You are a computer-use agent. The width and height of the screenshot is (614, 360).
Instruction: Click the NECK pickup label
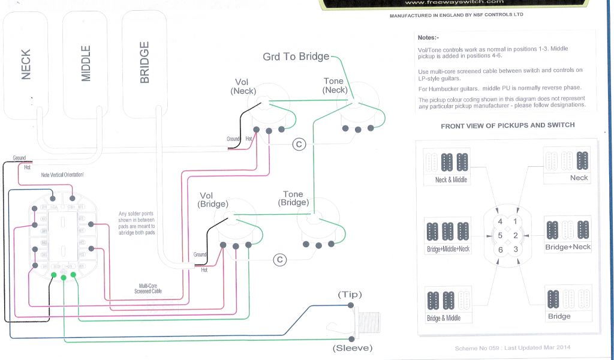[26, 64]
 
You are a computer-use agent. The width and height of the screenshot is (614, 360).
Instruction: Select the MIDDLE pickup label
[86, 63]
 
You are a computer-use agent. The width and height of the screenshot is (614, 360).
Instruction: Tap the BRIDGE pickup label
[145, 62]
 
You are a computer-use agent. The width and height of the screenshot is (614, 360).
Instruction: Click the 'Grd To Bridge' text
[296, 56]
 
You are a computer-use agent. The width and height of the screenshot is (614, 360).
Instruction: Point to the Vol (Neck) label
[243, 86]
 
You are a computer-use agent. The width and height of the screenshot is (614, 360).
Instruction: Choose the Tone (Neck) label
[334, 85]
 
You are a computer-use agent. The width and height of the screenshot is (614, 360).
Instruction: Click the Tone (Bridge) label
[293, 199]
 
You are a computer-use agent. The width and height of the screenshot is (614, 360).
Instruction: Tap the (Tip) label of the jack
[350, 295]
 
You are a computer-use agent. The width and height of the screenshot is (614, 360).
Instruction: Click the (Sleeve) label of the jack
[353, 348]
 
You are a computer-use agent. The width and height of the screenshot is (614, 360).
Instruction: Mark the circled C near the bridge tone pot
[279, 260]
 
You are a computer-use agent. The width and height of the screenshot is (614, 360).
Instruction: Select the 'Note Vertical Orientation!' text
[62, 175]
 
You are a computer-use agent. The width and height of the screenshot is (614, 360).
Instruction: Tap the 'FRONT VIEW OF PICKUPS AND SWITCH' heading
[508, 125]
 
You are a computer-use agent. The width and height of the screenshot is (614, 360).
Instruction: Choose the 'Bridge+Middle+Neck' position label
[448, 248]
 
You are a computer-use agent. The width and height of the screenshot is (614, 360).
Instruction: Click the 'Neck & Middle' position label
[451, 179]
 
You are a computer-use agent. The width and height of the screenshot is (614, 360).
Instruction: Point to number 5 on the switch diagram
[499, 235]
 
